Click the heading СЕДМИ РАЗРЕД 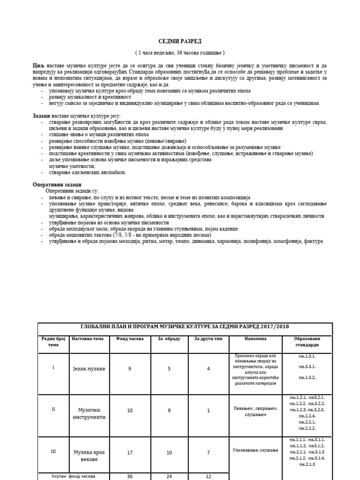[180, 41]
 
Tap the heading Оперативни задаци [53, 184]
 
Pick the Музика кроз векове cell [90, 456]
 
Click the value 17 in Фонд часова [130, 453]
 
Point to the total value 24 [169, 476]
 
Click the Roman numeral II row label [53, 409]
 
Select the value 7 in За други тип [208, 453]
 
